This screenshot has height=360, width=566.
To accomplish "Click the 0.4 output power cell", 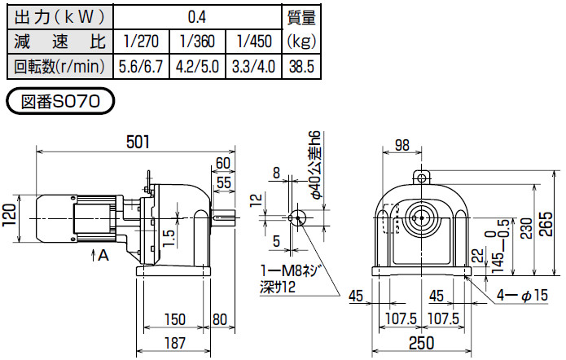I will [x=195, y=15].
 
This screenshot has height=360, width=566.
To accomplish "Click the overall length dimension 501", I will [x=138, y=142].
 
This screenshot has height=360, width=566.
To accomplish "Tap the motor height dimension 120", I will [x=10, y=216].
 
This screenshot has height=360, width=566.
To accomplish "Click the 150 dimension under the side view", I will [x=173, y=318].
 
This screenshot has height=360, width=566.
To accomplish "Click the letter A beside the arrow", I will [x=103, y=254].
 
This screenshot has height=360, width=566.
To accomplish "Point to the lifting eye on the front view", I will [x=421, y=177].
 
